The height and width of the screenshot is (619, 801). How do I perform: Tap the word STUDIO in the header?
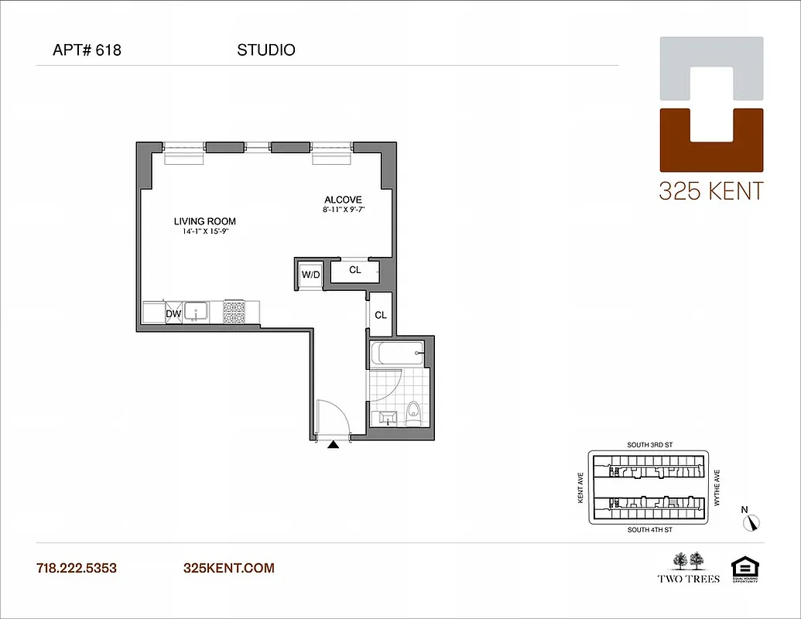[x=265, y=51]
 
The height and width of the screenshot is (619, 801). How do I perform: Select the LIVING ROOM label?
[x=204, y=221]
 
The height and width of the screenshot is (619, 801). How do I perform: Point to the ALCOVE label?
[x=343, y=200]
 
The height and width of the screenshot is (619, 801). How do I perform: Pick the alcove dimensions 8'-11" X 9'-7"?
[x=344, y=210]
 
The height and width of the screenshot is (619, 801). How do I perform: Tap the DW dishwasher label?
[x=173, y=313]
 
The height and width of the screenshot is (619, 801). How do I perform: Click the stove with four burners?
[x=234, y=311]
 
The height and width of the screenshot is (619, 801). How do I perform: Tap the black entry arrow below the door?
[x=334, y=445]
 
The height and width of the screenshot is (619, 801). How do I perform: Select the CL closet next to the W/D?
[x=355, y=270]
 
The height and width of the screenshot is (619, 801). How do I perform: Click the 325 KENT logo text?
[x=710, y=190]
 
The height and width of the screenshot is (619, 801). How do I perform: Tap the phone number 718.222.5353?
[x=77, y=568]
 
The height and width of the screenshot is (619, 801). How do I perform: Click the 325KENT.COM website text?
[x=228, y=568]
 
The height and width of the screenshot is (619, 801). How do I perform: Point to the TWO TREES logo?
[x=688, y=566]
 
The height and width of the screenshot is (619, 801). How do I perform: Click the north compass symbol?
[x=751, y=522]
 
